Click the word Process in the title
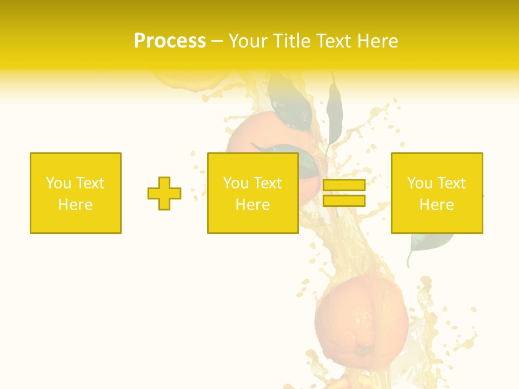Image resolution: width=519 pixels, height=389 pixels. pyautogui.click(x=170, y=41)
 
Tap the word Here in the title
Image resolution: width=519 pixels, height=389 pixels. pyautogui.click(x=377, y=41)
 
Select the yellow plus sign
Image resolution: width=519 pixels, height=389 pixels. pyautogui.click(x=164, y=193)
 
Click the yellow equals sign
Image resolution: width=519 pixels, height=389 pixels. pyautogui.click(x=344, y=193)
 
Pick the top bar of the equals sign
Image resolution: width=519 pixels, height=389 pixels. pyautogui.click(x=344, y=185)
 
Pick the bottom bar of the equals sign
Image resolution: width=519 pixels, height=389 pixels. pyautogui.click(x=344, y=200)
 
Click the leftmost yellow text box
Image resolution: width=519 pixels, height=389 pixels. pyautogui.click(x=76, y=193)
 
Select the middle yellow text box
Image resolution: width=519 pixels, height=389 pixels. pyautogui.click(x=252, y=193)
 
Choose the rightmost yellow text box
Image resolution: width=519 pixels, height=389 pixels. pyautogui.click(x=437, y=193)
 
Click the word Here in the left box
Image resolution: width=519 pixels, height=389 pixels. pyautogui.click(x=75, y=205)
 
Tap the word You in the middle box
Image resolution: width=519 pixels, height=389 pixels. pyautogui.click(x=236, y=183)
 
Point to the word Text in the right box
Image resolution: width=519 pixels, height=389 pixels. pyautogui.click(x=452, y=183)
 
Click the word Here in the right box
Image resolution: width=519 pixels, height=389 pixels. pyautogui.click(x=437, y=205)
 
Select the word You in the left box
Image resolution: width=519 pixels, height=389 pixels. pyautogui.click(x=58, y=183)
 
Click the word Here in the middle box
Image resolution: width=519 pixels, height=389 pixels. pyautogui.click(x=252, y=205)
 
